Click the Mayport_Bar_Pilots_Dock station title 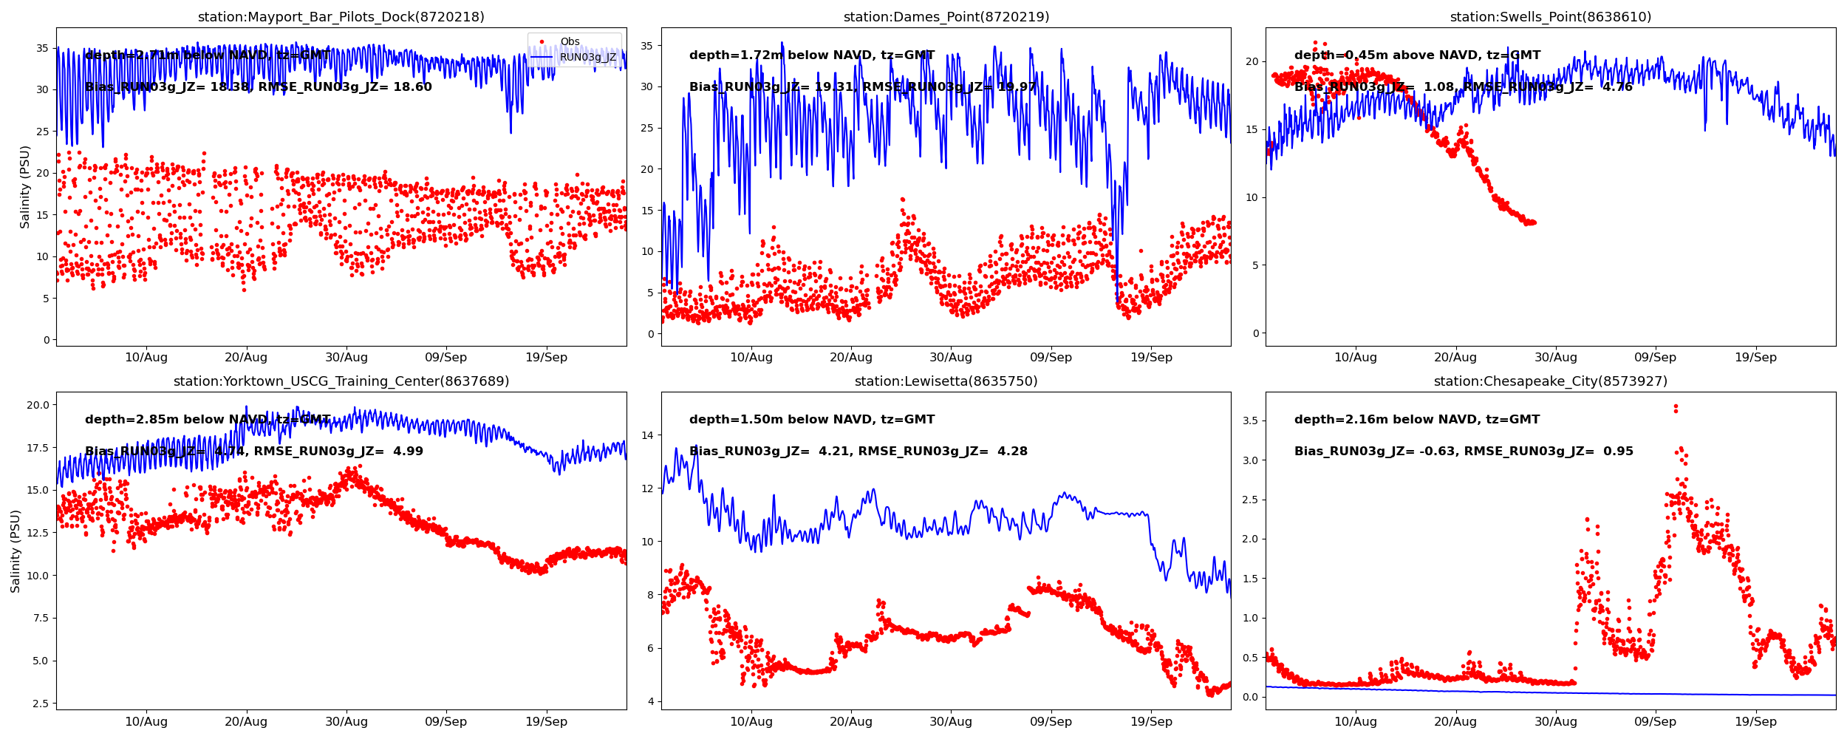(341, 17)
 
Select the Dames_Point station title (946, 17)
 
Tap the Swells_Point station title (1550, 17)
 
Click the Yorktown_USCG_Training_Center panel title (341, 381)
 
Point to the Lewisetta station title (946, 381)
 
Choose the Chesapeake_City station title (1550, 381)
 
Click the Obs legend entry (570, 42)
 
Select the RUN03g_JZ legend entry (587, 57)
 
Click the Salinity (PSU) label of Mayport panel (25, 187)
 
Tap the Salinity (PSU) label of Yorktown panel (16, 551)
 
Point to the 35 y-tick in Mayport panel (43, 48)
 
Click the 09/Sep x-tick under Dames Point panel (1051, 358)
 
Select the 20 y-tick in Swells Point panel (1252, 61)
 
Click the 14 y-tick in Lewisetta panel (648, 435)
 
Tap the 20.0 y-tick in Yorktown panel (38, 405)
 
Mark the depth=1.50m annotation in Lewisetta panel (812, 420)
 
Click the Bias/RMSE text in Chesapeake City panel (1464, 452)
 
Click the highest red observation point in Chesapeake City (1676, 406)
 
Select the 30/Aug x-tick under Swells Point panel (1555, 358)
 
